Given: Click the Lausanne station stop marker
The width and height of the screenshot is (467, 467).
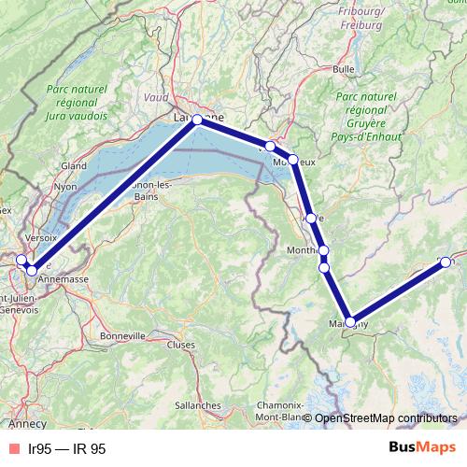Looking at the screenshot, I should (197, 120).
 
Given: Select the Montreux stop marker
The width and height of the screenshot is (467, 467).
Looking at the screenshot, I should (292, 160).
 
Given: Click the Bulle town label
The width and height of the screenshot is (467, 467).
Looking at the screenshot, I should (343, 68).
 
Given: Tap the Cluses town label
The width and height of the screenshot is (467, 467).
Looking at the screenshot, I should (180, 344).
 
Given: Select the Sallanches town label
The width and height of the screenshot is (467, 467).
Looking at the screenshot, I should (196, 405).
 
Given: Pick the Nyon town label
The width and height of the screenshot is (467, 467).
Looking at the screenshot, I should (65, 186).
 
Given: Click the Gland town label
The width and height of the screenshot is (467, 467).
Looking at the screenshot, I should (74, 165).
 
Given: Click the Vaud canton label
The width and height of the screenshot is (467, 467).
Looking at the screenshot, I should (156, 96).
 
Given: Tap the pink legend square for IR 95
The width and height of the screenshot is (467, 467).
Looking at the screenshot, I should (13, 449).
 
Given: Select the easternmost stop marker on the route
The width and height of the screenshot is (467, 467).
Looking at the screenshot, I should (445, 262).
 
